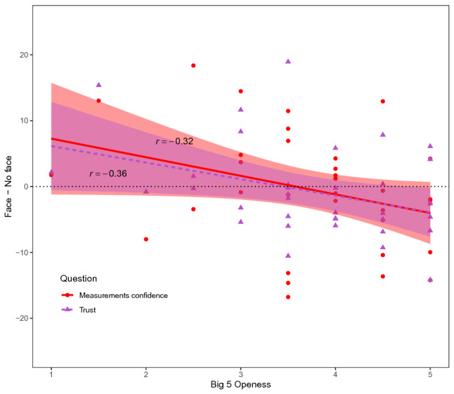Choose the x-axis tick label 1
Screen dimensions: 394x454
[x=51, y=374]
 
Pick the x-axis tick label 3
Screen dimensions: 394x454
[x=240, y=374]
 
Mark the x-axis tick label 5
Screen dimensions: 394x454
[x=430, y=374]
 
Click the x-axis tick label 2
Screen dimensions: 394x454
[x=146, y=374]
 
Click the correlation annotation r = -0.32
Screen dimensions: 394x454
[x=174, y=142]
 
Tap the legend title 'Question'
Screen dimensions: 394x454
[x=78, y=278]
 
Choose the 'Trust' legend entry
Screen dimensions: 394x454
[x=89, y=309]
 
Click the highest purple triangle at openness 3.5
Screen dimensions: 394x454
[x=288, y=61]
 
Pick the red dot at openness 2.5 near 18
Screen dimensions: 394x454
[x=193, y=65]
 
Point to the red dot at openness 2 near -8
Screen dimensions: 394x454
[x=146, y=239]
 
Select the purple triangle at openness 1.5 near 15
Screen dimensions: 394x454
[x=98, y=85]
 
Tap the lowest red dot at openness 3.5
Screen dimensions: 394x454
[x=288, y=297]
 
